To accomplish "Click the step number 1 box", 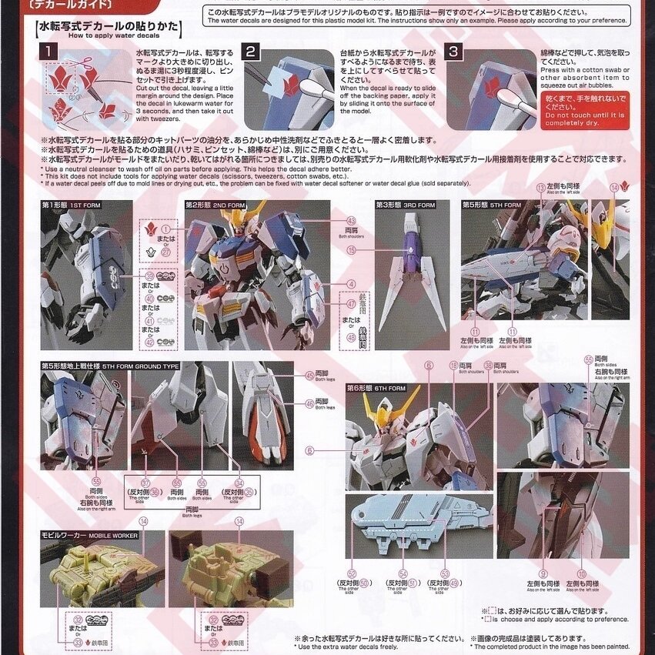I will (x=48, y=52).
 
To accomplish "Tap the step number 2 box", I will (x=251, y=52).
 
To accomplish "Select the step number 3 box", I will (x=456, y=52).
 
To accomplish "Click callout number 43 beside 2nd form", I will (x=351, y=220).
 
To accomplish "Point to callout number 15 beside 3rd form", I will (x=351, y=249).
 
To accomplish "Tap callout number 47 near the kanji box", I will (x=351, y=304).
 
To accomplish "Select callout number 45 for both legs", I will (x=309, y=375).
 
